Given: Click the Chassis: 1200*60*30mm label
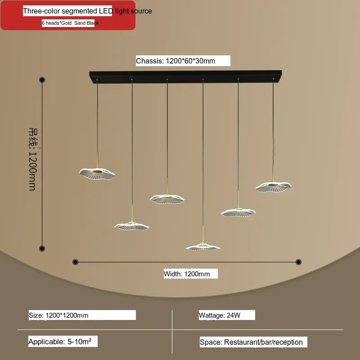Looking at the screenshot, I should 182,61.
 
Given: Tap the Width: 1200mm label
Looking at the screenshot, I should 190,274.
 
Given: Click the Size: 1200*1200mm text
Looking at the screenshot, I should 82,315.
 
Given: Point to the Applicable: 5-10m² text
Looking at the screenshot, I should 63,342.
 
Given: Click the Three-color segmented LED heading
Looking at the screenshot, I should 88,11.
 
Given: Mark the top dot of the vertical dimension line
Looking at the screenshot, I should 42,80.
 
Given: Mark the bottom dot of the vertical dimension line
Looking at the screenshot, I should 42,248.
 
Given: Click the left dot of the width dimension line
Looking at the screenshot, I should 75,262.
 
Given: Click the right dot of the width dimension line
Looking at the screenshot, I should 298,262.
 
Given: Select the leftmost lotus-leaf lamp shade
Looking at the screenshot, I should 97,172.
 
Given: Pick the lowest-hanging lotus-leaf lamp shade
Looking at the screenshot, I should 203,247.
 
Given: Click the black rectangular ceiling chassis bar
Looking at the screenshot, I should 185,75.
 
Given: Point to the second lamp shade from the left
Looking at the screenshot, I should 132,225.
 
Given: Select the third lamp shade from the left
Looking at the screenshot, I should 167,198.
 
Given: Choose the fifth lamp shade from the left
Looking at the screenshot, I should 238,211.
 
